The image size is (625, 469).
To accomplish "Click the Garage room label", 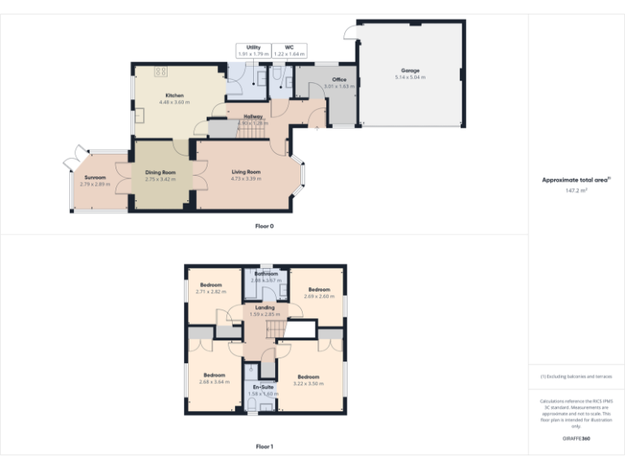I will point(409,71).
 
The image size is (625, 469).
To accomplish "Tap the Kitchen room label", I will point(174,96).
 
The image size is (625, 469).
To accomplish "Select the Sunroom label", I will point(95,177).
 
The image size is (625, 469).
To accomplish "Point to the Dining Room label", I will point(160,172).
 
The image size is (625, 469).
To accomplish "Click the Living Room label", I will point(245,172).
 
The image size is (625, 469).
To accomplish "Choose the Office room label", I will point(339,80).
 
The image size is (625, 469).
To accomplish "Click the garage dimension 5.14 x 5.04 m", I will point(409,77).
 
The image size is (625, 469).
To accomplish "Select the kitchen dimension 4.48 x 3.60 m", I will point(174,103).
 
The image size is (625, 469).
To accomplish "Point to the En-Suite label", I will point(261,387).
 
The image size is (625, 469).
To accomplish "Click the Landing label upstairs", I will point(264,307).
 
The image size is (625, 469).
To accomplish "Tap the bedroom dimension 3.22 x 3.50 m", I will point(308,383).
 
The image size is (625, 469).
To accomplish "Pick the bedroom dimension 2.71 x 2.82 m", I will point(211,291).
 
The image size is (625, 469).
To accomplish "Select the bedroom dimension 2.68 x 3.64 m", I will point(213,381).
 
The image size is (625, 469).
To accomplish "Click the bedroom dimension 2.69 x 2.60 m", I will point(318,296).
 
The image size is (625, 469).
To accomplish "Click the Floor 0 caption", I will point(264,226).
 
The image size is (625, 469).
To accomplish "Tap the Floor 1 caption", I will point(264,446).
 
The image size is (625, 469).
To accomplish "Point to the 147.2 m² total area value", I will point(576,190).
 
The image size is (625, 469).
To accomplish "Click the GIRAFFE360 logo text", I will point(576,439).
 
